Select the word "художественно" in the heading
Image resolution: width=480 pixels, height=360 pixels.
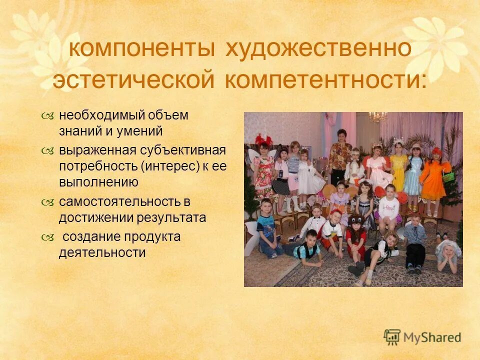[318, 49]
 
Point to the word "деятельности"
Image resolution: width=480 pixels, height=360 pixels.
[102, 253]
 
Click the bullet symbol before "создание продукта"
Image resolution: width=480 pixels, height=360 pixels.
[47, 237]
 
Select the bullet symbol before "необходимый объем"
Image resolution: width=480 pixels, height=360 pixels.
[47, 116]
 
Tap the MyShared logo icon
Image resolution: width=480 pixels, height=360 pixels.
[392, 337]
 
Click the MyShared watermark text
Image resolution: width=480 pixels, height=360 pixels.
[432, 337]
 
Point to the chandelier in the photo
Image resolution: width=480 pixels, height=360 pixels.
[378, 117]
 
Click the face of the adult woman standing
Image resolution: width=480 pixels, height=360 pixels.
[342, 136]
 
